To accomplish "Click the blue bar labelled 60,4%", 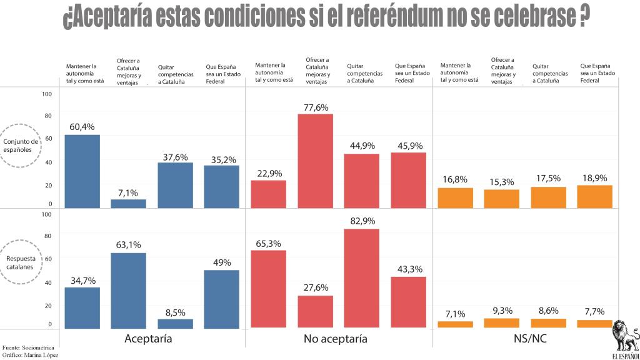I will click(82, 171).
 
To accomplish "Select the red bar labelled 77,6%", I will click(315, 161).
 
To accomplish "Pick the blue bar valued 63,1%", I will click(128, 290).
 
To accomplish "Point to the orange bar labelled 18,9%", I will click(594, 196).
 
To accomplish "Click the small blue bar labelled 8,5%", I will click(175, 323).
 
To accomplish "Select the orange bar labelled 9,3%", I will click(502, 323).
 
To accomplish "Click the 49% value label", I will click(222, 262).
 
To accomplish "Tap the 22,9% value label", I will click(269, 173).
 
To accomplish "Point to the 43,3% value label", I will click(408, 269).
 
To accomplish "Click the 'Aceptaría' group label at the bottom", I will click(148, 339).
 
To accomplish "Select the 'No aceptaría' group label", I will click(335, 339).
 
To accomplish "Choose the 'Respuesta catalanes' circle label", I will click(21, 262).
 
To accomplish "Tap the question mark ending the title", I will click(581, 17).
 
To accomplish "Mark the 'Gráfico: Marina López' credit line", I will click(29, 355).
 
